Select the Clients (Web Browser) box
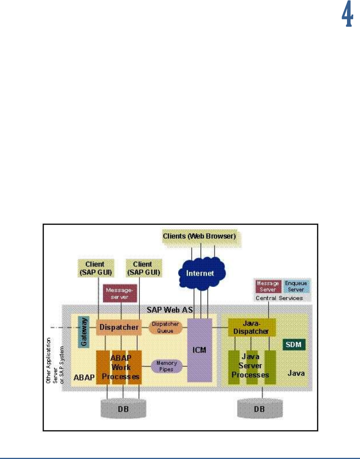199,236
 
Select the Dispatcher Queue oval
165,327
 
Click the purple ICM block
199,350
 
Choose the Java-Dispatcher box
252,327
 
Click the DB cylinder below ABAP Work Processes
123,409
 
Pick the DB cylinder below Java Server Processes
262,409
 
